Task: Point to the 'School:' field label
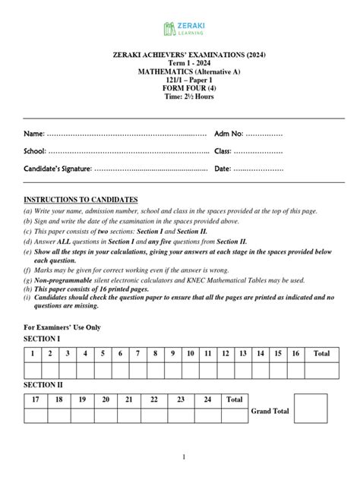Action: click(36, 151)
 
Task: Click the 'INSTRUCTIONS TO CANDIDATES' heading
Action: click(81, 199)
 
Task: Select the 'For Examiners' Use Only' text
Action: click(62, 327)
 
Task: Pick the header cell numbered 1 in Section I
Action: click(33, 353)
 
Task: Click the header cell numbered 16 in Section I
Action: click(296, 353)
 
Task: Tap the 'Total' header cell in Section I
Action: click(322, 353)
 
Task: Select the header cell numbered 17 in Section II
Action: click(35, 399)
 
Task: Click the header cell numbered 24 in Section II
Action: click(207, 399)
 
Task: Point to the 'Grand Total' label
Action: click(270, 411)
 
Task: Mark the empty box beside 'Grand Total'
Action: click(311, 408)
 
